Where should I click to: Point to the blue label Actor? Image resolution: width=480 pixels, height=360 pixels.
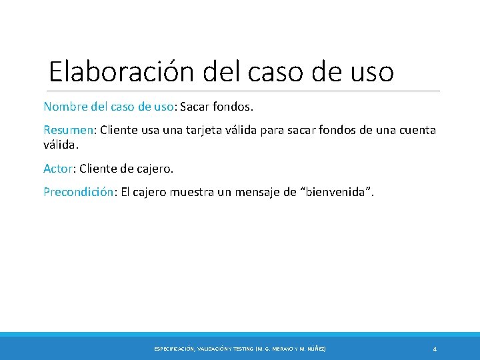(x=57, y=169)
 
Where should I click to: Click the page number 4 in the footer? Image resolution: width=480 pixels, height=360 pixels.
(x=435, y=349)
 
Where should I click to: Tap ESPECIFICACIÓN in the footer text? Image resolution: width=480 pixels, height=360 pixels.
(x=174, y=349)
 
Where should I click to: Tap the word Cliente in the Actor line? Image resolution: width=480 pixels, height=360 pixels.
(x=98, y=169)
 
